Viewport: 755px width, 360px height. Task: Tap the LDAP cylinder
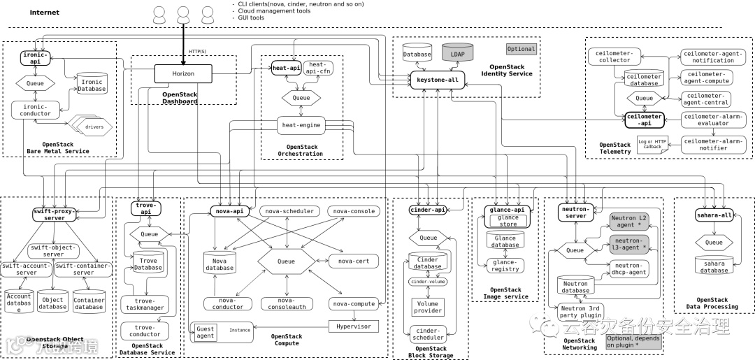[458, 53]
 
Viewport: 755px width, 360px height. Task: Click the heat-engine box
[301, 125]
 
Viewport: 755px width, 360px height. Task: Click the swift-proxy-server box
[55, 214]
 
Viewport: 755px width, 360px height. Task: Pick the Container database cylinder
[89, 303]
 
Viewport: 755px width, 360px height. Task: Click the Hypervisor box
[354, 326]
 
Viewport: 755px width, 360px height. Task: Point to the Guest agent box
[206, 333]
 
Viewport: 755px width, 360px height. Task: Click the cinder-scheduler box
[427, 334]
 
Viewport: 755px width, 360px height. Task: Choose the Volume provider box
[427, 307]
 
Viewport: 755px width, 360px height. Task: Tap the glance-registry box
[505, 266]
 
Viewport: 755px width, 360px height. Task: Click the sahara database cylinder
[714, 267]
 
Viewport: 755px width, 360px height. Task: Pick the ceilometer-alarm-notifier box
[714, 145]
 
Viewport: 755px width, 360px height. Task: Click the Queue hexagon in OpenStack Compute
[287, 261]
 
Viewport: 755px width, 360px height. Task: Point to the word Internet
[45, 13]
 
